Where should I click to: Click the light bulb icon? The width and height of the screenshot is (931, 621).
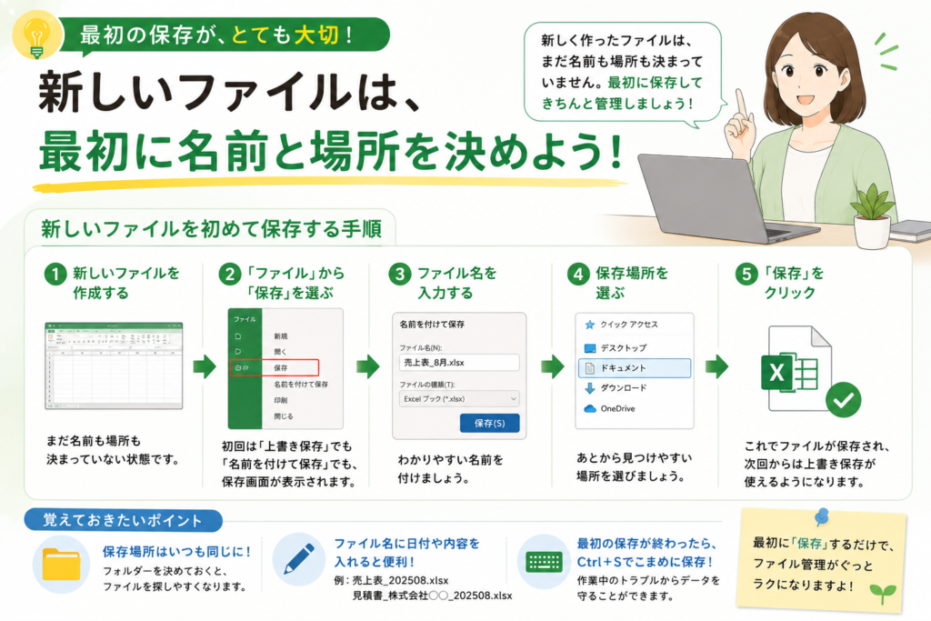[36, 35]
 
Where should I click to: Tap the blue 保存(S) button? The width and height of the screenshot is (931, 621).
[489, 423]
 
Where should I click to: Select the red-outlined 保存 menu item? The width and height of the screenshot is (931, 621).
[275, 367]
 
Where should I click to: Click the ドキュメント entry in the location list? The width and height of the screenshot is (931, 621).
[634, 368]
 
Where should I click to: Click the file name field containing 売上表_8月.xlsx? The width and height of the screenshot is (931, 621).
[459, 362]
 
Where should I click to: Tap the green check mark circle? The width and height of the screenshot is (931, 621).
[843, 400]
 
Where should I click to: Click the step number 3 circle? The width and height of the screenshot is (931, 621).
[400, 275]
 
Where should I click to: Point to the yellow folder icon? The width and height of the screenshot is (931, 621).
[61, 564]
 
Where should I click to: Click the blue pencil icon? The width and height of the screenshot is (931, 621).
[300, 559]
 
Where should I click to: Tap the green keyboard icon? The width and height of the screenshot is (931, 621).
[544, 562]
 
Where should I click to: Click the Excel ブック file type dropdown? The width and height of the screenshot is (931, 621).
[459, 398]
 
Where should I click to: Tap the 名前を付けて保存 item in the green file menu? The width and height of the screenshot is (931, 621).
[300, 384]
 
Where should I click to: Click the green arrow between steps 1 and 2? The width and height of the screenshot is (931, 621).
[205, 366]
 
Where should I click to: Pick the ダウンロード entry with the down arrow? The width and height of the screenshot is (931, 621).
[616, 388]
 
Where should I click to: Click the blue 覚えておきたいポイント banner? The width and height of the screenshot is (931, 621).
[123, 521]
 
